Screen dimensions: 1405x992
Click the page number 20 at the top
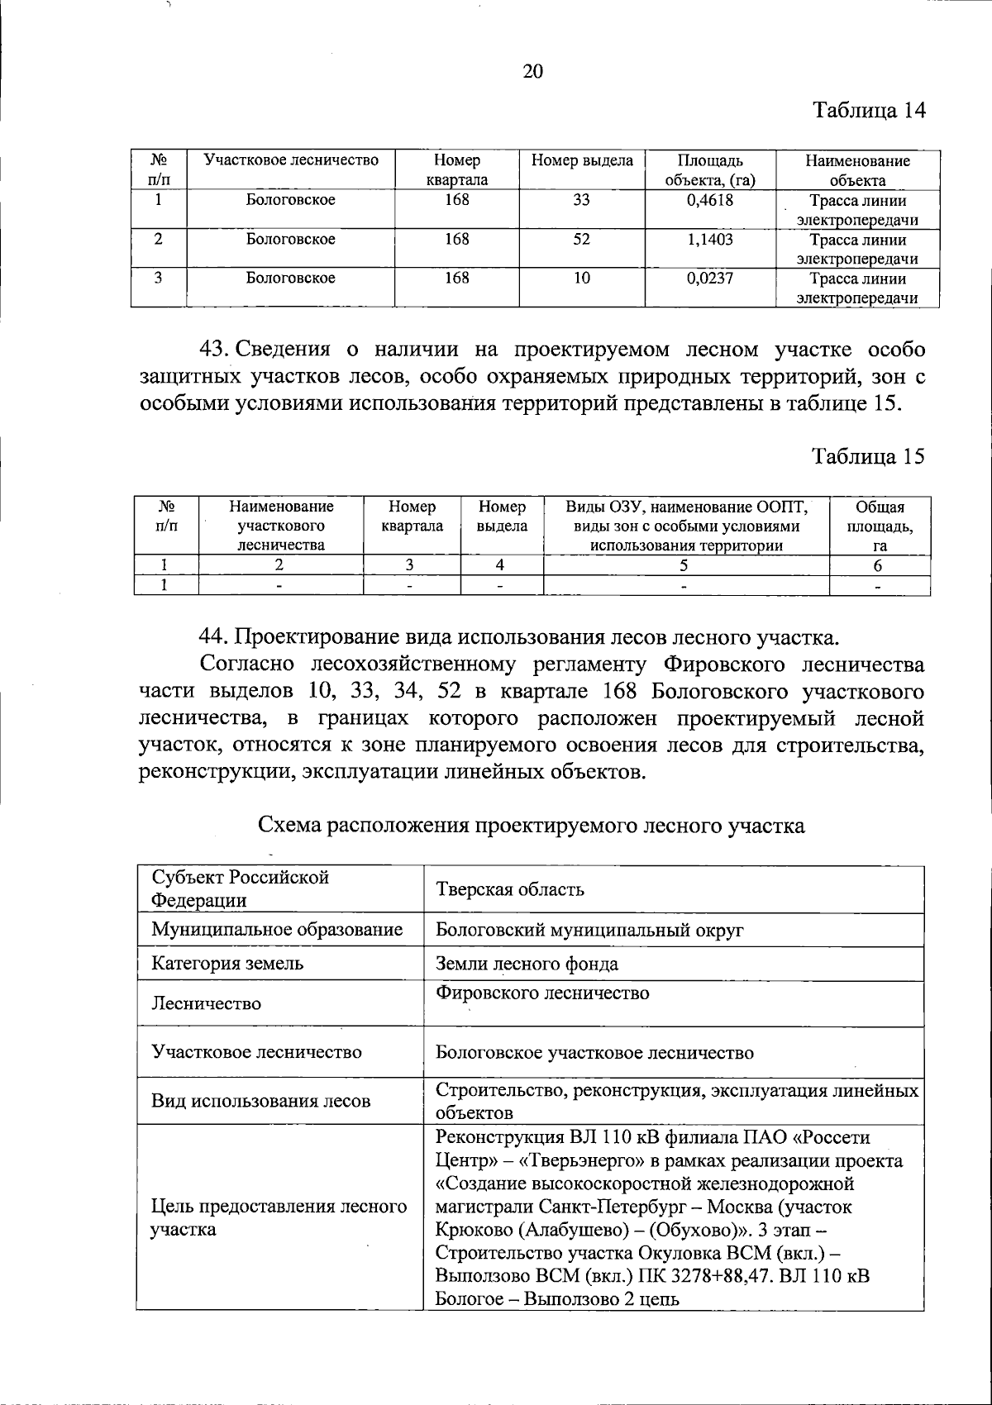pos(532,71)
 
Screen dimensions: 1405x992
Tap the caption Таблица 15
pos(868,456)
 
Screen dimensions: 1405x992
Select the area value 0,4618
pos(710,200)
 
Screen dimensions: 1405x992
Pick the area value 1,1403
pos(710,240)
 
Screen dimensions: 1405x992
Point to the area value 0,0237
pos(710,279)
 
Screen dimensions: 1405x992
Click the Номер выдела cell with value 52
pos(582,240)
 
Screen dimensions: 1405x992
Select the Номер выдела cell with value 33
pos(582,200)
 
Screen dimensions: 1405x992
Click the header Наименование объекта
pos(857,170)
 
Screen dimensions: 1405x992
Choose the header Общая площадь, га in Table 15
pos(880,526)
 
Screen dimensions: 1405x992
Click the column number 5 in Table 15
pos(685,565)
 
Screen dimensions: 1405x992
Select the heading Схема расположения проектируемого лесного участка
pos(532,825)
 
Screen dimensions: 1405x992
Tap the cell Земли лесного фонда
pos(527,964)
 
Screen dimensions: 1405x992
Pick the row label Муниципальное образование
pos(277,930)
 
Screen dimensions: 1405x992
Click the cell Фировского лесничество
pos(542,993)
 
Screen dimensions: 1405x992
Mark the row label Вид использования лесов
pos(261,1101)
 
